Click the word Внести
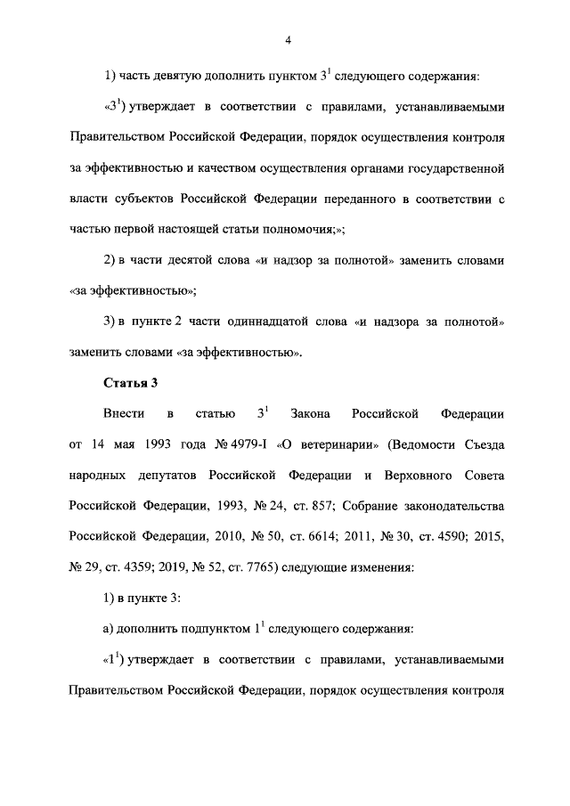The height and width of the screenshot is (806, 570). click(x=123, y=414)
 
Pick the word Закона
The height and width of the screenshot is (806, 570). click(x=310, y=414)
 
